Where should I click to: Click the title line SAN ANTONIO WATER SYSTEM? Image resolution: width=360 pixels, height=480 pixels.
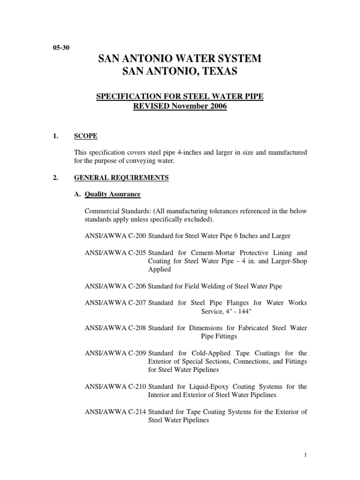point(180,59)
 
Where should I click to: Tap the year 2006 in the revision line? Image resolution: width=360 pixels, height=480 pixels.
point(216,106)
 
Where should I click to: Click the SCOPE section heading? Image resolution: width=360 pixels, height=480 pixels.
point(86,136)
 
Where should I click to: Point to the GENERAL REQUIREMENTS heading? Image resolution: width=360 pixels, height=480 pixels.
point(121,178)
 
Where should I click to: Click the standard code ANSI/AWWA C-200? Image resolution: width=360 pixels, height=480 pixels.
point(115,236)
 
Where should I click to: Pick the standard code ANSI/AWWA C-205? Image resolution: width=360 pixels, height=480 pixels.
point(115,252)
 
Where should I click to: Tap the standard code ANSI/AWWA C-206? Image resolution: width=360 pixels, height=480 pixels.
point(115,285)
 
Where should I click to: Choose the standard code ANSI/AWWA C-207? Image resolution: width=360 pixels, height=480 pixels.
point(115,302)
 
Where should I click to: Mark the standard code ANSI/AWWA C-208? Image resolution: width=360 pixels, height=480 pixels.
point(115,328)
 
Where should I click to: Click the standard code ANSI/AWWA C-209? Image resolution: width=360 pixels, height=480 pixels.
point(115,352)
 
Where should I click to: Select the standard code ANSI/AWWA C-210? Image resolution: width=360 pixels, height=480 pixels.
point(115,386)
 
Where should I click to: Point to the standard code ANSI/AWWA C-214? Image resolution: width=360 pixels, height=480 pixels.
point(115,412)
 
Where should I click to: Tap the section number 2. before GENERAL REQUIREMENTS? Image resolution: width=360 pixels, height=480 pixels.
point(55,178)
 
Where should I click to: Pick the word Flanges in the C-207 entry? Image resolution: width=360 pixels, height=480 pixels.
point(223,302)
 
